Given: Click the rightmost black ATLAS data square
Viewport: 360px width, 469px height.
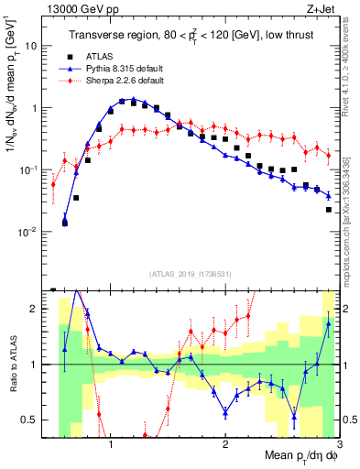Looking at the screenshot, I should pos(329,210).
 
